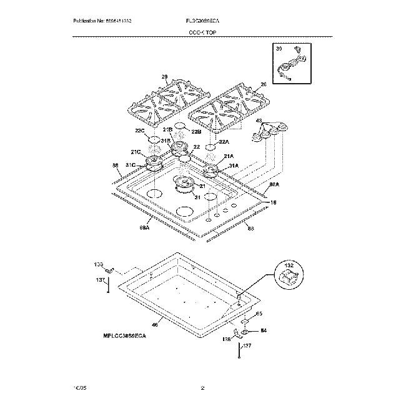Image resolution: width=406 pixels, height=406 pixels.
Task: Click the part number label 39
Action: click(x=279, y=49)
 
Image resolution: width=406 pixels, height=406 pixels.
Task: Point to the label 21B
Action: click(x=167, y=129)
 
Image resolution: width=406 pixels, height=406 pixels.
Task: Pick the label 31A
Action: click(x=234, y=166)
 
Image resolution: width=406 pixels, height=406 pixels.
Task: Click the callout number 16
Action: click(x=272, y=202)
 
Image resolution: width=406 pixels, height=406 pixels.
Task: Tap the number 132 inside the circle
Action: click(x=288, y=265)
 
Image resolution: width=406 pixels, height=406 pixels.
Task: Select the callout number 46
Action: click(x=155, y=324)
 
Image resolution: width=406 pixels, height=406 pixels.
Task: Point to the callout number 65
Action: click(x=259, y=314)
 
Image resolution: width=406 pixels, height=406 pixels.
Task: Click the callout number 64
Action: click(x=263, y=330)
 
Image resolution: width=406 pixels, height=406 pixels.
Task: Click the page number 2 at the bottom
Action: click(x=202, y=388)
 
